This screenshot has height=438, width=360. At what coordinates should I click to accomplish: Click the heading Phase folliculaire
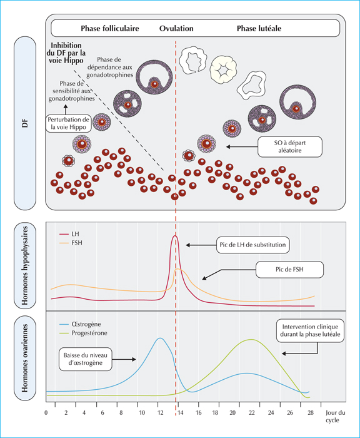click(x=109, y=29)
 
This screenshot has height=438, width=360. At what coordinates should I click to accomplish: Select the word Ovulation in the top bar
click(x=176, y=29)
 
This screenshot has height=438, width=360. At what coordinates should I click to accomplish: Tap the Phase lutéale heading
click(x=259, y=29)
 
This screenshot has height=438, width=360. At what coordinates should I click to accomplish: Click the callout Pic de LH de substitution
click(x=253, y=245)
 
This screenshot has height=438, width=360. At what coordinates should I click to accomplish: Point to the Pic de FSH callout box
click(x=289, y=270)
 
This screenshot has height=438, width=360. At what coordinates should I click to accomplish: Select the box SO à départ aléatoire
click(x=290, y=146)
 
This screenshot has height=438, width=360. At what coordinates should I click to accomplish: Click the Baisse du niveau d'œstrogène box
click(x=86, y=359)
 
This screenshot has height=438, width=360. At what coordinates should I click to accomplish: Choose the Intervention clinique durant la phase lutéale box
click(x=311, y=331)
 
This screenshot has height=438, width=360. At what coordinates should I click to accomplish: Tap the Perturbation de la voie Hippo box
click(x=68, y=123)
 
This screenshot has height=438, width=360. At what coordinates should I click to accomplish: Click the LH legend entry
click(x=69, y=234)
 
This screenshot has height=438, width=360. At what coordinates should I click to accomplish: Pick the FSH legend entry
click(x=71, y=243)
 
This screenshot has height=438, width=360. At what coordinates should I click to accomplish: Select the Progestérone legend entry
click(x=84, y=333)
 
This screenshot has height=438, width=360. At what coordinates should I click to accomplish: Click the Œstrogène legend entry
click(x=81, y=324)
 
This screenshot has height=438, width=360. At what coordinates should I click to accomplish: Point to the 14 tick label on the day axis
click(x=180, y=412)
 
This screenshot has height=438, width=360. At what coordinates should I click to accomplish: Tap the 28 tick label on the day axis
click(x=311, y=412)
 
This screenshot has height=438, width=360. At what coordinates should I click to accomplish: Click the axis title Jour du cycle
click(x=335, y=416)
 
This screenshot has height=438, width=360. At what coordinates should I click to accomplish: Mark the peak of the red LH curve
click(x=175, y=236)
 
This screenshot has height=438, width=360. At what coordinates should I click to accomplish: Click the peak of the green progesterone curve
click(x=251, y=339)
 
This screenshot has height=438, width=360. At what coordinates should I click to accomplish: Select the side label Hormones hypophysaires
click(x=25, y=266)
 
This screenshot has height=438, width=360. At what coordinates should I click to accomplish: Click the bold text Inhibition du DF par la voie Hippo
click(x=66, y=53)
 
